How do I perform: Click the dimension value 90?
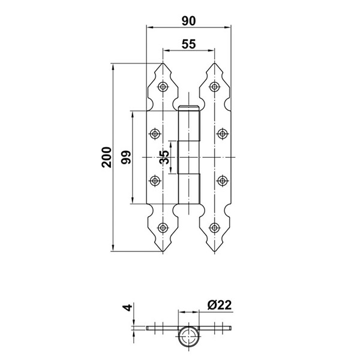click(188, 21)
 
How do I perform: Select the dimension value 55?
click(188, 44)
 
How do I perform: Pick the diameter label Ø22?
click(220, 305)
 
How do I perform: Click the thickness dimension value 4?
click(126, 310)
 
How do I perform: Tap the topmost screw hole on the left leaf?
click(163, 87)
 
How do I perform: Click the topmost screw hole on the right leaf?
click(214, 87)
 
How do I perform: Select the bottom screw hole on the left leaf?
click(163, 227)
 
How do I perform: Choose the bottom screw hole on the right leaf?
click(214, 227)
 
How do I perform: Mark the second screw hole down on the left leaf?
click(155, 133)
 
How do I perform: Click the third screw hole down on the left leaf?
click(155, 179)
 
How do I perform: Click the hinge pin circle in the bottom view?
click(188, 336)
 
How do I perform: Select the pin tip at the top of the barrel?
click(188, 107)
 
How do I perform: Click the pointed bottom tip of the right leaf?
click(214, 253)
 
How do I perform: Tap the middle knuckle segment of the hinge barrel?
click(188, 157)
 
